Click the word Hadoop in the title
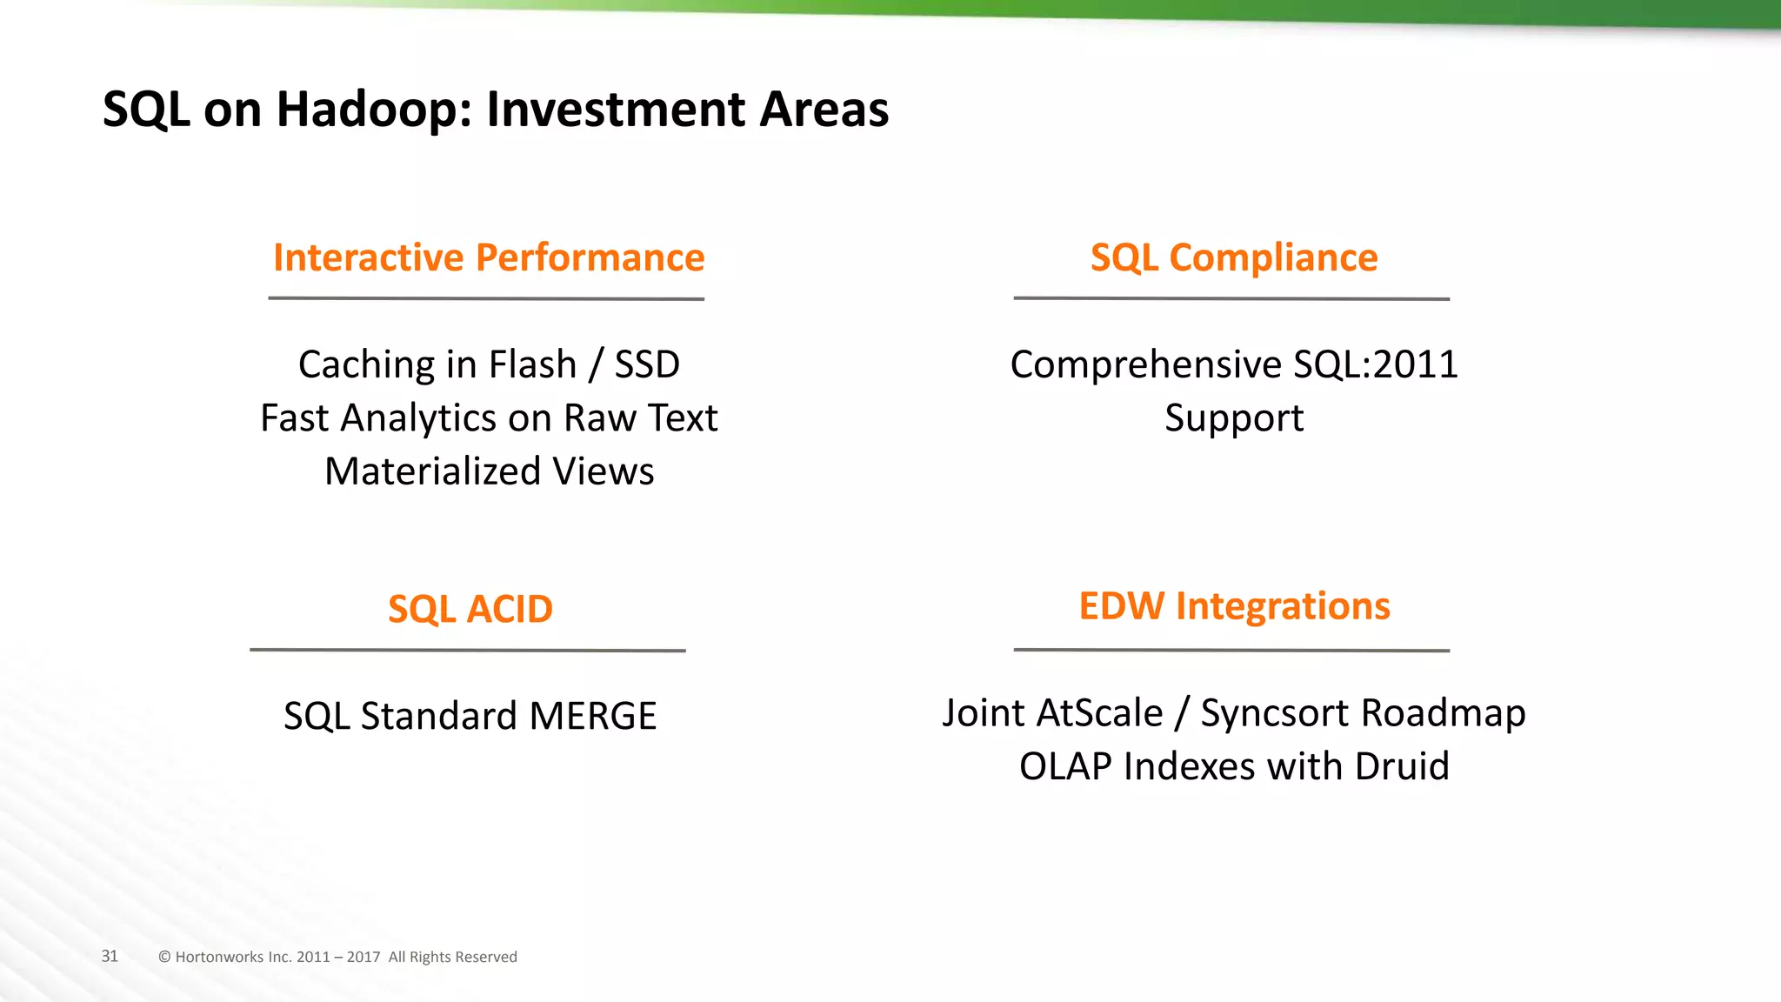pos(370,110)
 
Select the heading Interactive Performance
pos(489,258)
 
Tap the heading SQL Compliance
pos(1233,258)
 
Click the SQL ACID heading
pos(470,609)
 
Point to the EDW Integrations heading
pos(1233,606)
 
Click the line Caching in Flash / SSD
pos(489,364)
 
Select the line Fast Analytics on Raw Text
pos(489,418)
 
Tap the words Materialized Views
pos(489,471)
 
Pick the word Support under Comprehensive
pos(1233,418)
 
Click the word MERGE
pos(592,717)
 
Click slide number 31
pos(110,956)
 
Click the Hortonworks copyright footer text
pos(337,957)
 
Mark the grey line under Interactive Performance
pos(486,298)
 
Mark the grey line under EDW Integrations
pos(1231,650)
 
